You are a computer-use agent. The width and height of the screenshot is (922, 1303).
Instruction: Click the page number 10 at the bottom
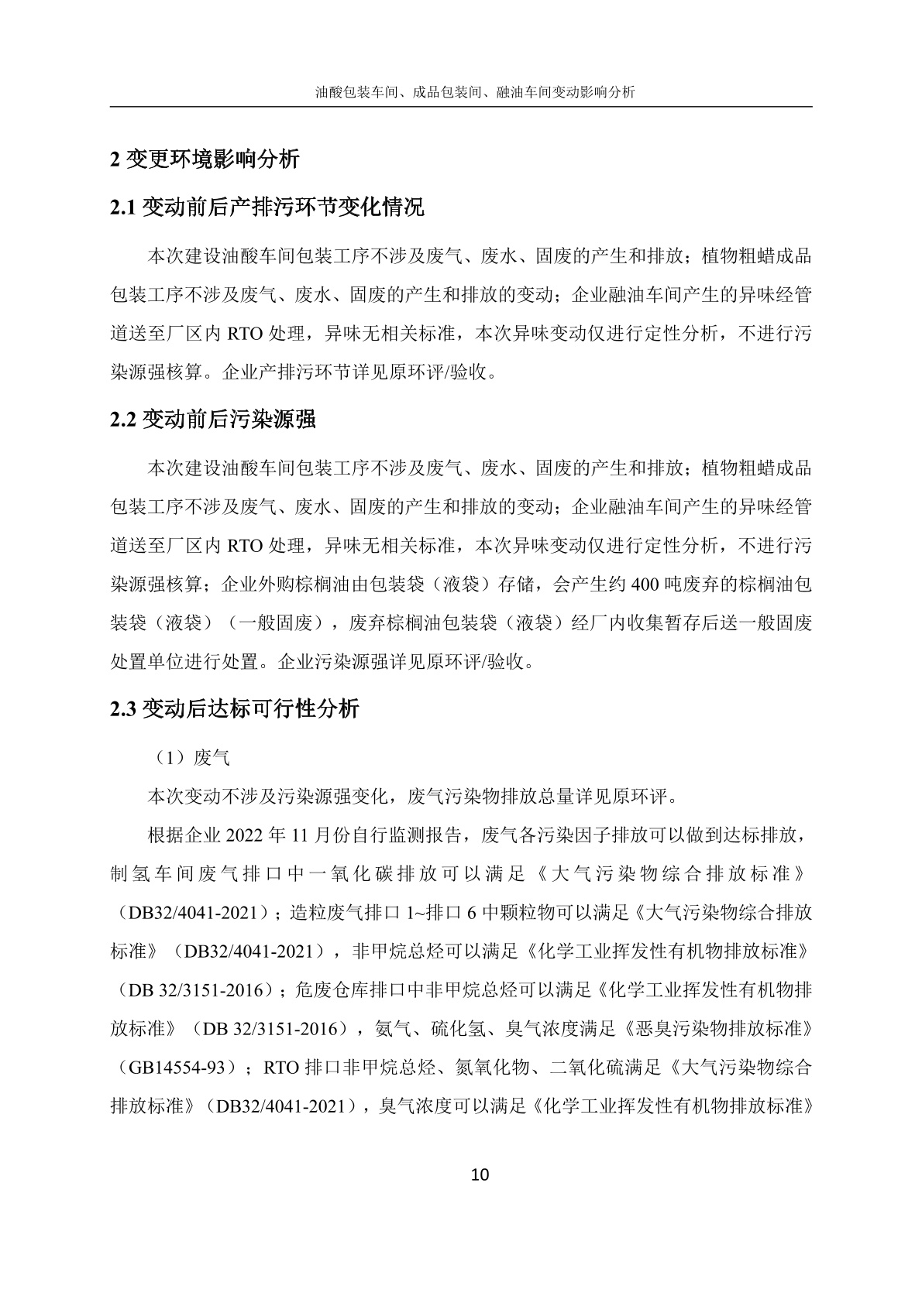tap(480, 1174)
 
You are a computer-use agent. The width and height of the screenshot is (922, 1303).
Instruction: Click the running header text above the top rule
tap(475, 92)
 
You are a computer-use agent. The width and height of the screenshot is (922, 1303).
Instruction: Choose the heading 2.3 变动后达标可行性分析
tap(235, 708)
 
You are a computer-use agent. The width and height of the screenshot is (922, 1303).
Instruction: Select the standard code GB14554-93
tap(183, 1068)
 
